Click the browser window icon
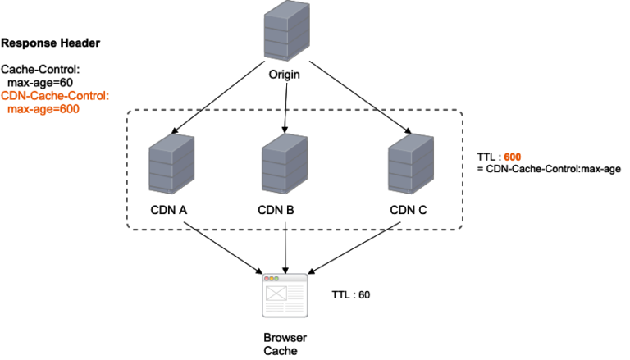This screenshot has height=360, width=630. click(284, 296)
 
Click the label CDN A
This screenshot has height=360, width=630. click(169, 209)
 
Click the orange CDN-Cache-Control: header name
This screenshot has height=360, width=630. click(55, 96)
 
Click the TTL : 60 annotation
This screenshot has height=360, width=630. click(352, 293)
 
